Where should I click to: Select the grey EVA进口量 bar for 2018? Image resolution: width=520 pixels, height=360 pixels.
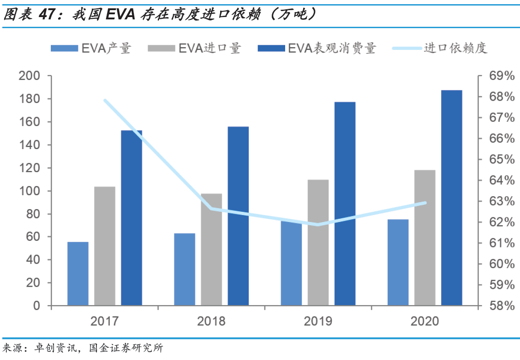[211, 249]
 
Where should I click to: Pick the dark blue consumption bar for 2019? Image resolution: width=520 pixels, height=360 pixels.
[345, 204]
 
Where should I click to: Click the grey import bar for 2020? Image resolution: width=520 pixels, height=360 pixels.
[424, 238]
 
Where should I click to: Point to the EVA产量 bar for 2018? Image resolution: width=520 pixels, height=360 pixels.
[185, 269]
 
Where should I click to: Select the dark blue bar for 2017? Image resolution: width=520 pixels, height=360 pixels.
[131, 218]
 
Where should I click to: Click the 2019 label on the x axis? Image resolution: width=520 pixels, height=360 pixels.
[318, 321]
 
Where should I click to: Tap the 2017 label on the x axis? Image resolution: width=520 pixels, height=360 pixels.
[105, 321]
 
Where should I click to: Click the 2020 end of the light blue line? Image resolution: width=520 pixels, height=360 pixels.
[425, 203]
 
